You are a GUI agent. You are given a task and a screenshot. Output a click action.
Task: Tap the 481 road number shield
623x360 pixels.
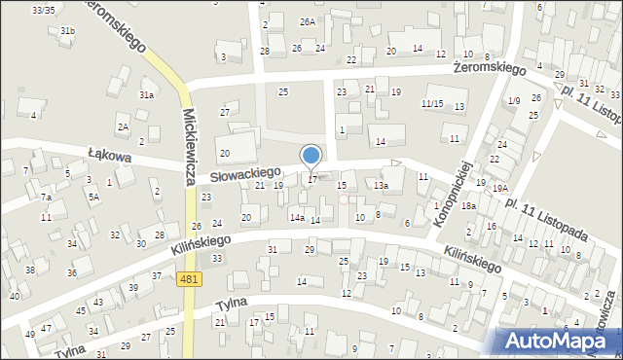pos(192,280)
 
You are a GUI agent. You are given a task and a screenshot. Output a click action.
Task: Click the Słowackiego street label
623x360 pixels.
pos(245,172)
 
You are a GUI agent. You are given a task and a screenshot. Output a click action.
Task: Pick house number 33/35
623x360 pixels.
pos(43,10)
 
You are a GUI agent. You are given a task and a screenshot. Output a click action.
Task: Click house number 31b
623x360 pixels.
pos(67,31)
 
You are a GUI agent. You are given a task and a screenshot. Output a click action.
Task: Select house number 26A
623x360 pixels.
pos(308,21)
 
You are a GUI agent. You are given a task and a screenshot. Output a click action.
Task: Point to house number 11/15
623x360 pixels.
pos(432,104)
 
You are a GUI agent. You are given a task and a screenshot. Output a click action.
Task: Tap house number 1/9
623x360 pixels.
pos(514,101)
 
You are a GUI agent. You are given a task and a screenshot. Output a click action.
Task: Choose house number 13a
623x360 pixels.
pos(382,185)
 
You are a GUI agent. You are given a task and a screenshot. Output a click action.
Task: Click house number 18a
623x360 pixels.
pos(468,206)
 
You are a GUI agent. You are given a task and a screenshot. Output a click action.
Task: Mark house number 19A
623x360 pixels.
pos(499,189)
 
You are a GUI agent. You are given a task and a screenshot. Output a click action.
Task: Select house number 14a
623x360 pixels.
pos(296,218)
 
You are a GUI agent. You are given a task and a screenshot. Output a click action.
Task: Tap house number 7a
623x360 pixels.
pos(46,198)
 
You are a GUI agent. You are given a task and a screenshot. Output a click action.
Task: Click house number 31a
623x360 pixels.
pos(146,95)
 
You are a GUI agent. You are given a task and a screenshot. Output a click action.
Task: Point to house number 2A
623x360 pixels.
pos(123,127)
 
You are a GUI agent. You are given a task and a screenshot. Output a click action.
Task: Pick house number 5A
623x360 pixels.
pos(93,197)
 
